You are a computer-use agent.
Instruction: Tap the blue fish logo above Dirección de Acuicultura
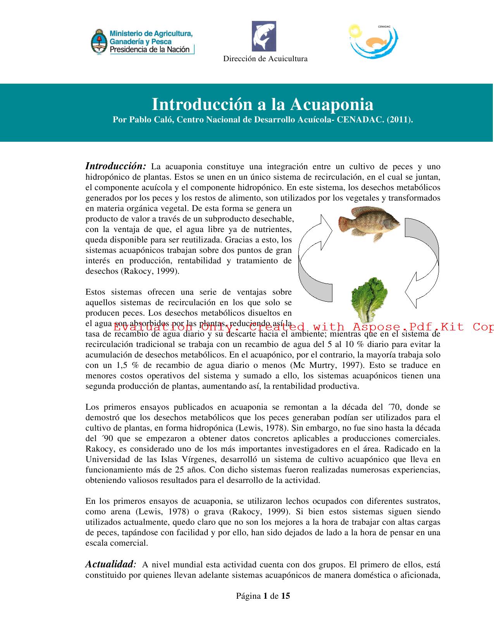[x=264, y=36]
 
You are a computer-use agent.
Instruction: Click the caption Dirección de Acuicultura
[x=265, y=59]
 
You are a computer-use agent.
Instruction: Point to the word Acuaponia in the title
[x=332, y=104]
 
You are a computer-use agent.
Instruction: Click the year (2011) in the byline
[x=400, y=119]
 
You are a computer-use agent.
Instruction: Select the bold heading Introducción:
[x=115, y=166]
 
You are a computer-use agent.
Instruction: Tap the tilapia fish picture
[x=369, y=223]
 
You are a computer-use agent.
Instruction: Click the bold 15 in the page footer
[x=286, y=596]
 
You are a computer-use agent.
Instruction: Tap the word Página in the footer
[x=248, y=596]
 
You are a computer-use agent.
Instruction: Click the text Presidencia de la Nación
[x=150, y=49]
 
